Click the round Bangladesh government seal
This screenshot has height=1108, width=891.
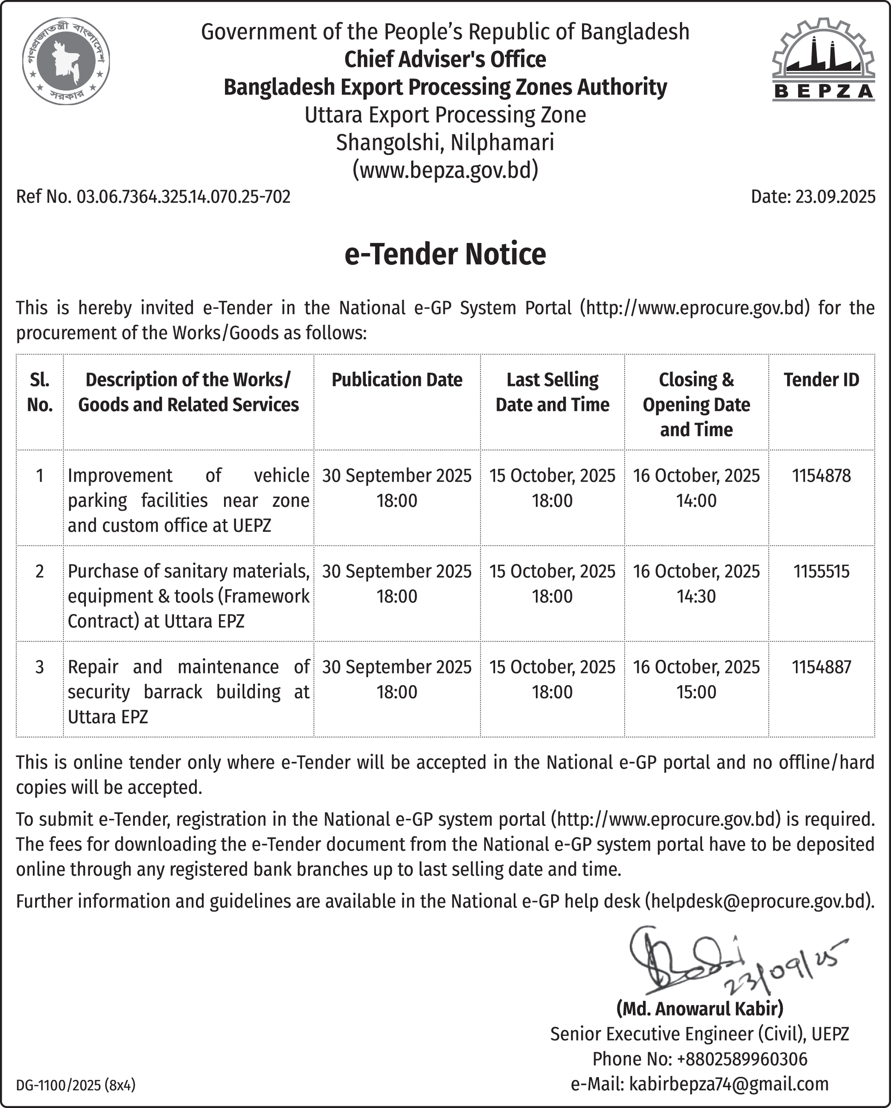pos(66,61)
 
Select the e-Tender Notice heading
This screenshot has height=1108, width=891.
pos(445,254)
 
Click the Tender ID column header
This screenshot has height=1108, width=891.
pos(821,380)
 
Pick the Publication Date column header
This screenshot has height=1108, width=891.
pos(397,380)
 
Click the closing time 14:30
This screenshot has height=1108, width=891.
pos(696,596)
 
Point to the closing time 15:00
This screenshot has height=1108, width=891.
pos(696,692)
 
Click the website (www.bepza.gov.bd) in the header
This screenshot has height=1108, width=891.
pos(445,169)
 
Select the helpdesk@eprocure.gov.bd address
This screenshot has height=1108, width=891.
pos(759,901)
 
